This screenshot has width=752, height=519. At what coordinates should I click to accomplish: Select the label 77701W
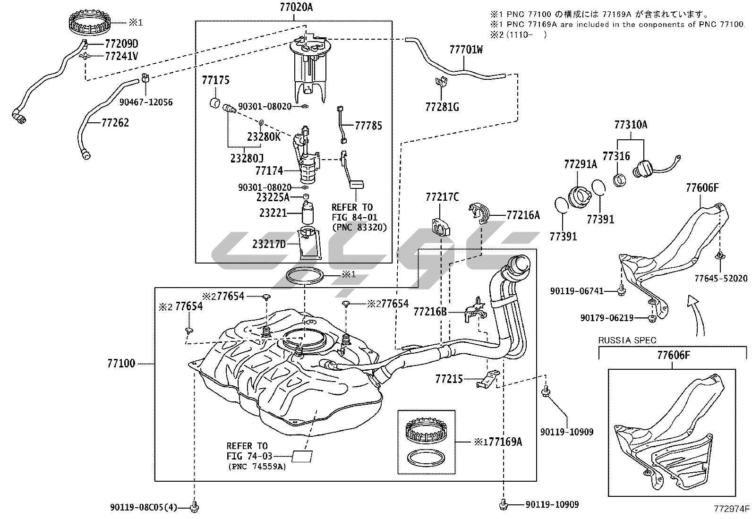click(466, 49)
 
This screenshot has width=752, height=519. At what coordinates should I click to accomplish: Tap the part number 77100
click(121, 363)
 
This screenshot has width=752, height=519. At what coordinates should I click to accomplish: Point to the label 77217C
click(442, 197)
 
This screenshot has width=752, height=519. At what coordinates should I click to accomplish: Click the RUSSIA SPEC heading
click(627, 340)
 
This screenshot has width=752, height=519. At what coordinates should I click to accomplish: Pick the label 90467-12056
click(146, 102)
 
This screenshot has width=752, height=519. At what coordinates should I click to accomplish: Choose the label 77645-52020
click(721, 278)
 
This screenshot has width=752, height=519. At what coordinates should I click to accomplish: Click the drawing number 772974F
click(732, 509)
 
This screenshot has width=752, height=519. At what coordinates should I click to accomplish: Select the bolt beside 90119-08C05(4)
click(194, 508)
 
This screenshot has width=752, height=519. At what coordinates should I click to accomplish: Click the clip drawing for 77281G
click(441, 83)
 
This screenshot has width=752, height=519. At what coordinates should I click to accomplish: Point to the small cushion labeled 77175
click(214, 103)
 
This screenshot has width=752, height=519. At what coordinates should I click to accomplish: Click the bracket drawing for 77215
click(487, 379)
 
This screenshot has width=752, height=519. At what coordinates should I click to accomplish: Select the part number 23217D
click(269, 244)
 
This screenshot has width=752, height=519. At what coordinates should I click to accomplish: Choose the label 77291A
click(580, 164)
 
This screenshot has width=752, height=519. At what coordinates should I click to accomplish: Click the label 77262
click(115, 123)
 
